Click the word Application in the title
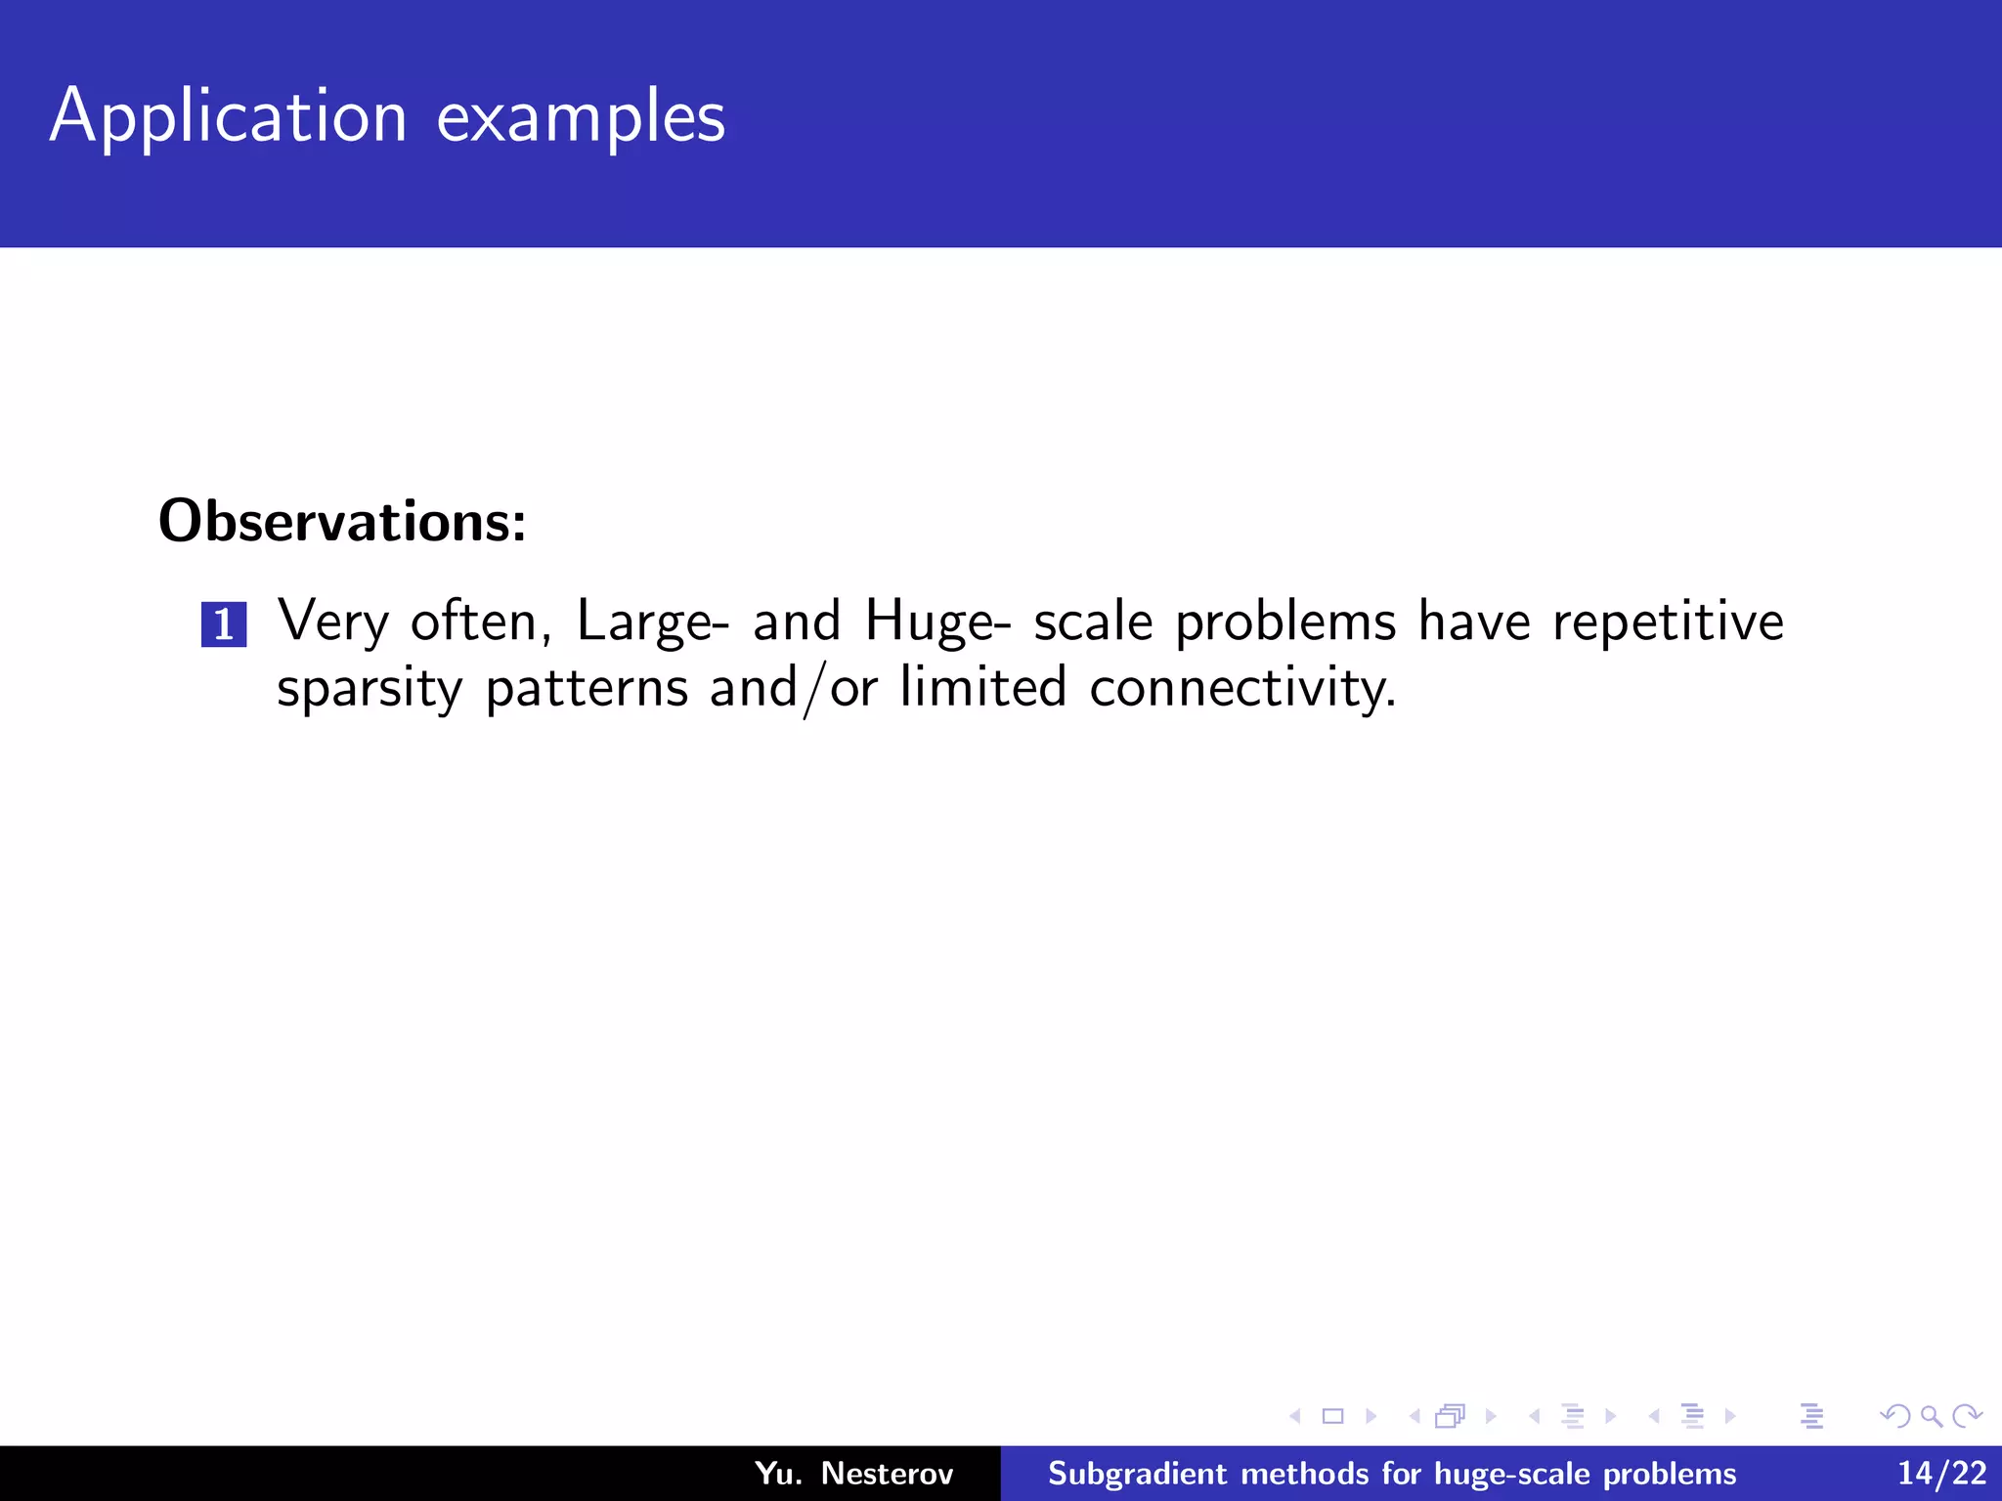(228, 117)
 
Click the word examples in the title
(581, 117)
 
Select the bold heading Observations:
(342, 521)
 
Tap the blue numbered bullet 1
(224, 624)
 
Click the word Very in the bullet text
(332, 622)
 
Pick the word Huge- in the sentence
(937, 622)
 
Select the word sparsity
(369, 688)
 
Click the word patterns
(587, 688)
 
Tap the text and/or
(793, 688)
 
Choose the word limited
(982, 688)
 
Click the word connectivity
(1241, 688)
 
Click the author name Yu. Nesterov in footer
(853, 1473)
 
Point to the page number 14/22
(1941, 1473)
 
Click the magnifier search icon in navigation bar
(1931, 1416)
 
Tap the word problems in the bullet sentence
(1284, 622)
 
